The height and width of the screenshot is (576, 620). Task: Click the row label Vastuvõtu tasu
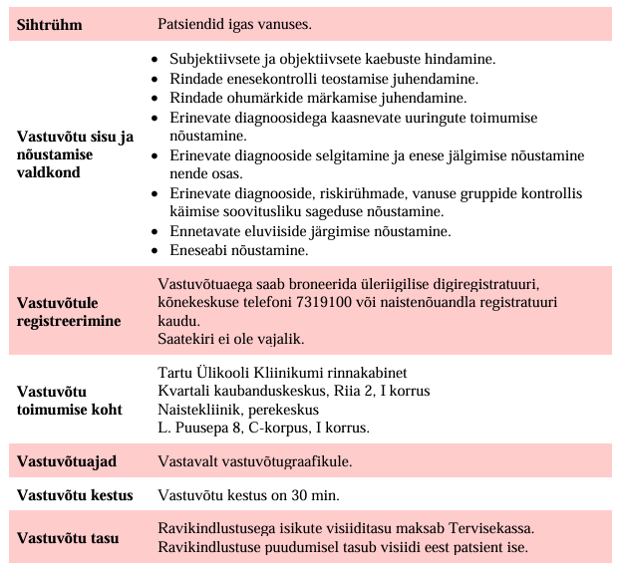[x=68, y=538]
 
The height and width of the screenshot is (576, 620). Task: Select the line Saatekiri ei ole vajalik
[x=230, y=339]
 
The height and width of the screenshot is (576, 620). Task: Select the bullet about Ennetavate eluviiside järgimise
[x=296, y=231]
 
